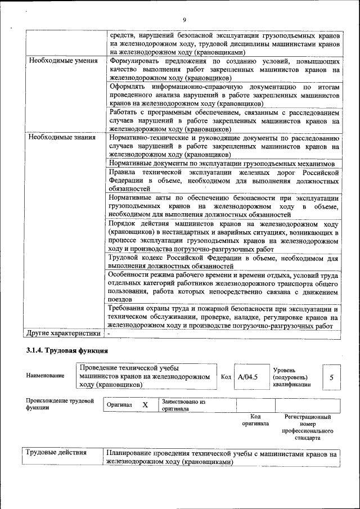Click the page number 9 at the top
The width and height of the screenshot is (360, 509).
coord(184,21)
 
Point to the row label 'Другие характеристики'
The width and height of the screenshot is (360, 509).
coord(64,334)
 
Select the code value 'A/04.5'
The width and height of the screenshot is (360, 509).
coord(247,377)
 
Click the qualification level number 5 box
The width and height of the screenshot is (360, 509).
coord(331,377)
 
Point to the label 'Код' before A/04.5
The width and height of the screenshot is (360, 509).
coord(226,377)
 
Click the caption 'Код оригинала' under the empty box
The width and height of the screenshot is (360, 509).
coord(255,420)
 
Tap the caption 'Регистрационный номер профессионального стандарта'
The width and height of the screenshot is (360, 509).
coord(308,427)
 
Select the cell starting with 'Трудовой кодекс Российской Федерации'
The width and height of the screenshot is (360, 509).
coord(223,262)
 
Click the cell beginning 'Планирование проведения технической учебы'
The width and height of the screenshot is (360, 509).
coord(222,457)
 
